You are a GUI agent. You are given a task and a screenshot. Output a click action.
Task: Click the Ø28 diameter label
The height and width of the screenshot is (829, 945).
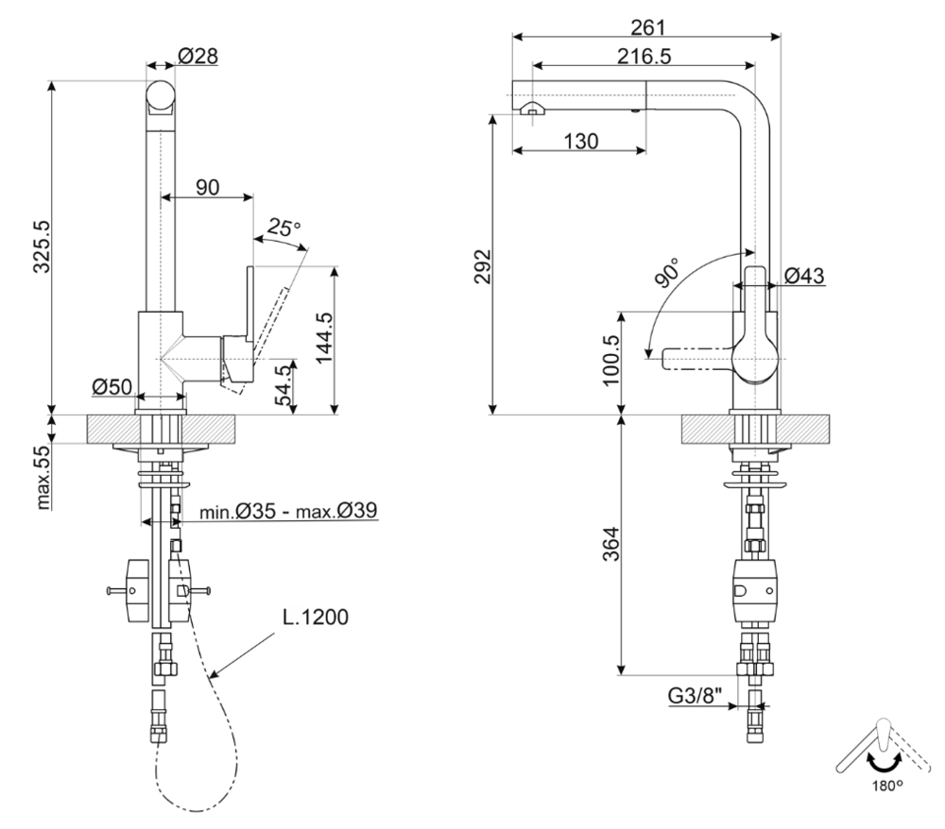[x=198, y=57]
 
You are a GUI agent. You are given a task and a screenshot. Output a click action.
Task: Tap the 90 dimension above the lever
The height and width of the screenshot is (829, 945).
[x=207, y=187]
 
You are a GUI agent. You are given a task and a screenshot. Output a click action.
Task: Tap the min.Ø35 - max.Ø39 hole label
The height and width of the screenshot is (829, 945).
[x=289, y=513]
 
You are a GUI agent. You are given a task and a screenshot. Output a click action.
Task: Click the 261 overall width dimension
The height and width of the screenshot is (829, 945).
[x=646, y=25]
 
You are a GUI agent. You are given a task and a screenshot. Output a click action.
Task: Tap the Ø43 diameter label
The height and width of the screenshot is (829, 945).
[x=804, y=276]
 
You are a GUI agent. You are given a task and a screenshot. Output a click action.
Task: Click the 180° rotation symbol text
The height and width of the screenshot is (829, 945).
[x=881, y=784]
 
